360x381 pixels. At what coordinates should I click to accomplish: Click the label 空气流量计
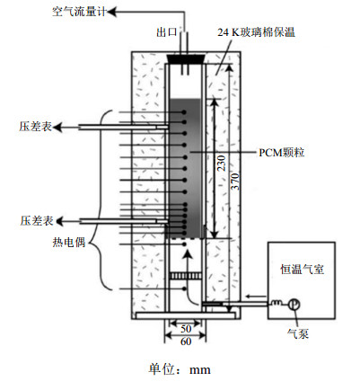click(79, 12)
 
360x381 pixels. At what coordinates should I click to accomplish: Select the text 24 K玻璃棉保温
click(256, 32)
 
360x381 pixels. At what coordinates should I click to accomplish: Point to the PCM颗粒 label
click(281, 153)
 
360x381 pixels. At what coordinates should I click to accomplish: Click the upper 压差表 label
click(35, 127)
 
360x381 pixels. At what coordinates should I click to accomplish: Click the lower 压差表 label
click(37, 221)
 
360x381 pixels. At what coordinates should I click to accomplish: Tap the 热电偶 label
click(69, 242)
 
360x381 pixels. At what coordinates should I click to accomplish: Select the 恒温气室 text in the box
click(302, 269)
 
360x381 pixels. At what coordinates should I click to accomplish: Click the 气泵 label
click(298, 333)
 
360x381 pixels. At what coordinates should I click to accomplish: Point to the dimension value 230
click(222, 163)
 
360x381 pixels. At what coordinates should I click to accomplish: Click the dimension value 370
click(236, 181)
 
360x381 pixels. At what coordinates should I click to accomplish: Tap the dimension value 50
click(186, 329)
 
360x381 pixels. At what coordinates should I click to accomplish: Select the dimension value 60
click(186, 341)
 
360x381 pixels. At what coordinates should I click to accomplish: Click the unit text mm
click(200, 369)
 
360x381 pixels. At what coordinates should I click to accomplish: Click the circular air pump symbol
click(294, 305)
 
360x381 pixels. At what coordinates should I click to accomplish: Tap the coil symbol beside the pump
click(277, 303)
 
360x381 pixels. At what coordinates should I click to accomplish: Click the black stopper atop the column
click(186, 59)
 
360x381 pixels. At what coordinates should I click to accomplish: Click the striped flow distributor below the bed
click(185, 275)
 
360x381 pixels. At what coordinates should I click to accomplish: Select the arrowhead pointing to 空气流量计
click(110, 13)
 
